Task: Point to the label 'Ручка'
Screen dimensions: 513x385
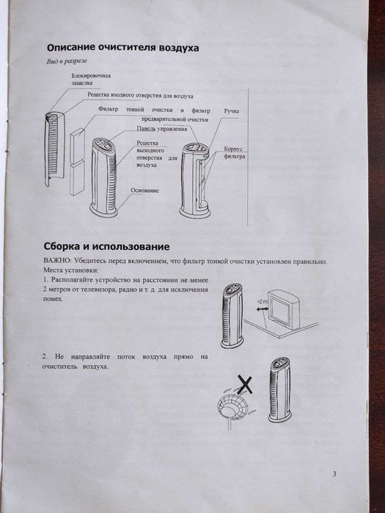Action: click(232, 110)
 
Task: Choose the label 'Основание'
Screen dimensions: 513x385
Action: click(144, 190)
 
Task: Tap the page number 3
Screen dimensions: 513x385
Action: click(334, 474)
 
